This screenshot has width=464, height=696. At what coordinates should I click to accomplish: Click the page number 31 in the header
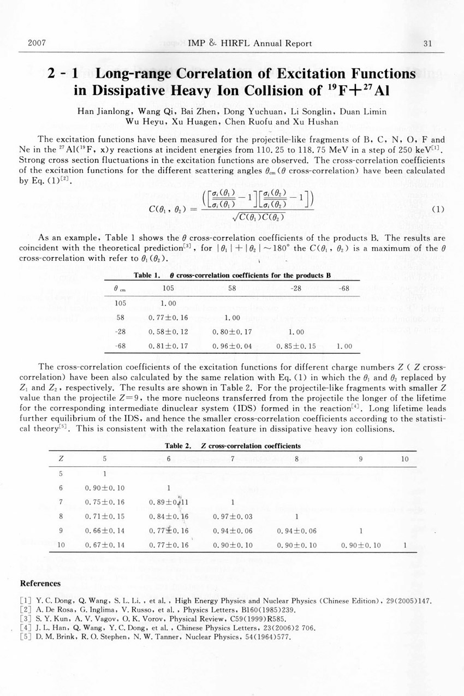tap(427, 43)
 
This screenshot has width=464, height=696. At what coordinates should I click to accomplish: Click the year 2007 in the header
tap(35, 43)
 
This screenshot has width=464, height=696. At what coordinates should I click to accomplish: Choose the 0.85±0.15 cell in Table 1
tap(295, 346)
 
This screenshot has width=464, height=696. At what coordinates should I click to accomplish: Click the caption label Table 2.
tap(177, 446)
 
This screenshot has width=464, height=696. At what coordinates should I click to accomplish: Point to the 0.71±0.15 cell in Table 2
tap(105, 516)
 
